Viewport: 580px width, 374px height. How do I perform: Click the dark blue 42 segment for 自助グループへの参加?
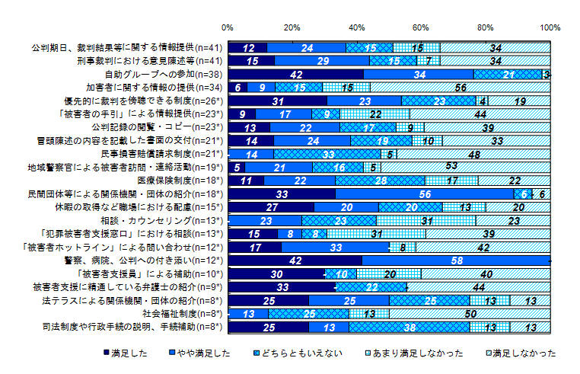click(x=297, y=74)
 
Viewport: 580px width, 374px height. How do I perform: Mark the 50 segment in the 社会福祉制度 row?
click(x=470, y=313)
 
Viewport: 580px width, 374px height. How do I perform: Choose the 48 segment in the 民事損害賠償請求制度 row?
click(x=473, y=153)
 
